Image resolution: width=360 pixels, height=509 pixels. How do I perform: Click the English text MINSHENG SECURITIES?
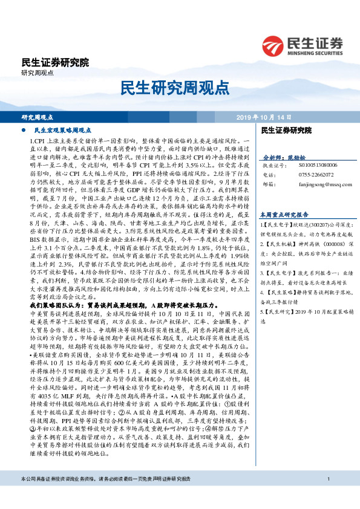tap(313, 52)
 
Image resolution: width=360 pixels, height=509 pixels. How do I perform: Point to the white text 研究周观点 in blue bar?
tap(38, 117)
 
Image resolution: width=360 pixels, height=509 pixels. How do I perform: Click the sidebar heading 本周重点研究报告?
tap(284, 214)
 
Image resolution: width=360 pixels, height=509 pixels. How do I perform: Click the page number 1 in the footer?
tap(327, 496)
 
